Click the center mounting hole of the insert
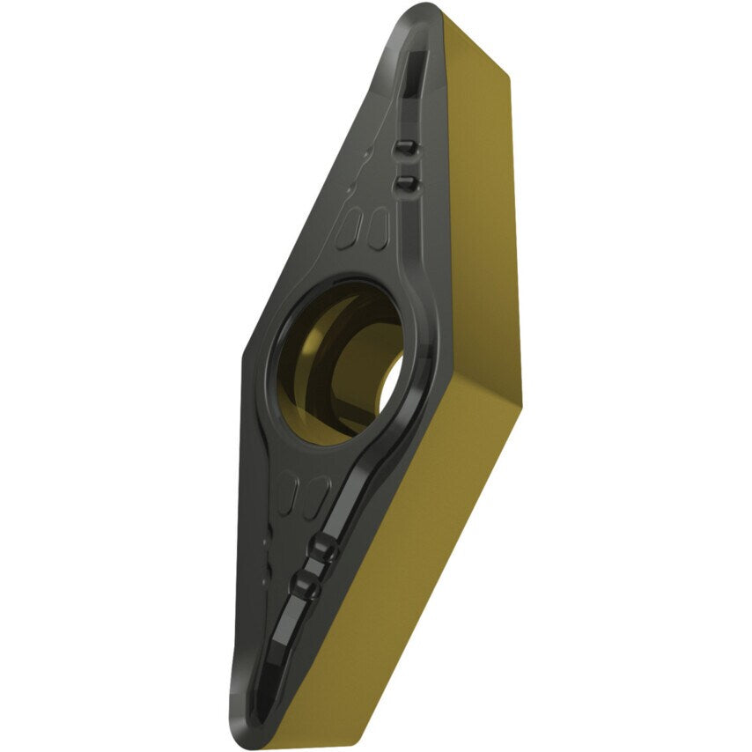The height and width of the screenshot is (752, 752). [x=339, y=361]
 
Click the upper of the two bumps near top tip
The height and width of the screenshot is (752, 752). [x=405, y=147]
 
